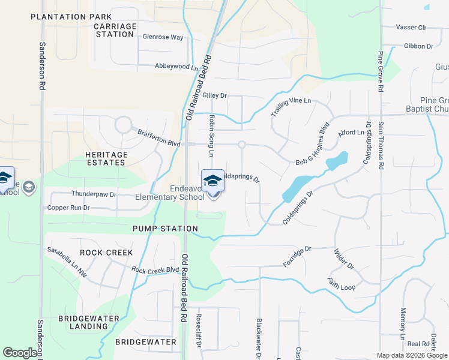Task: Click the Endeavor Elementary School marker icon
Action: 212,182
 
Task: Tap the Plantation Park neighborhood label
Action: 71,17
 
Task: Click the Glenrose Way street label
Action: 163,37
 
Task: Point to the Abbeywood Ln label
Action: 176,67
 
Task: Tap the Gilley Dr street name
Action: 215,95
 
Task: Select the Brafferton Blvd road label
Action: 159,139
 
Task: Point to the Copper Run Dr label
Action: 68,208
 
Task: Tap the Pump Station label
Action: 166,229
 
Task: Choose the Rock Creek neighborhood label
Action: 106,253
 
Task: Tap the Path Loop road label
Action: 342,284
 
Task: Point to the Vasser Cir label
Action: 411,28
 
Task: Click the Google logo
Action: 20,353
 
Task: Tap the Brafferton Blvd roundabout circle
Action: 124,125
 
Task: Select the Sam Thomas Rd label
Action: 381,145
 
